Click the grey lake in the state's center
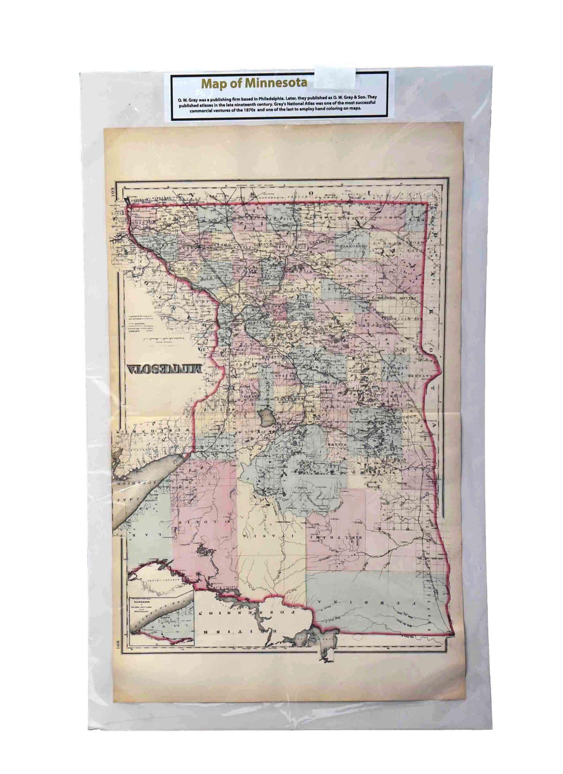[x=266, y=417]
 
